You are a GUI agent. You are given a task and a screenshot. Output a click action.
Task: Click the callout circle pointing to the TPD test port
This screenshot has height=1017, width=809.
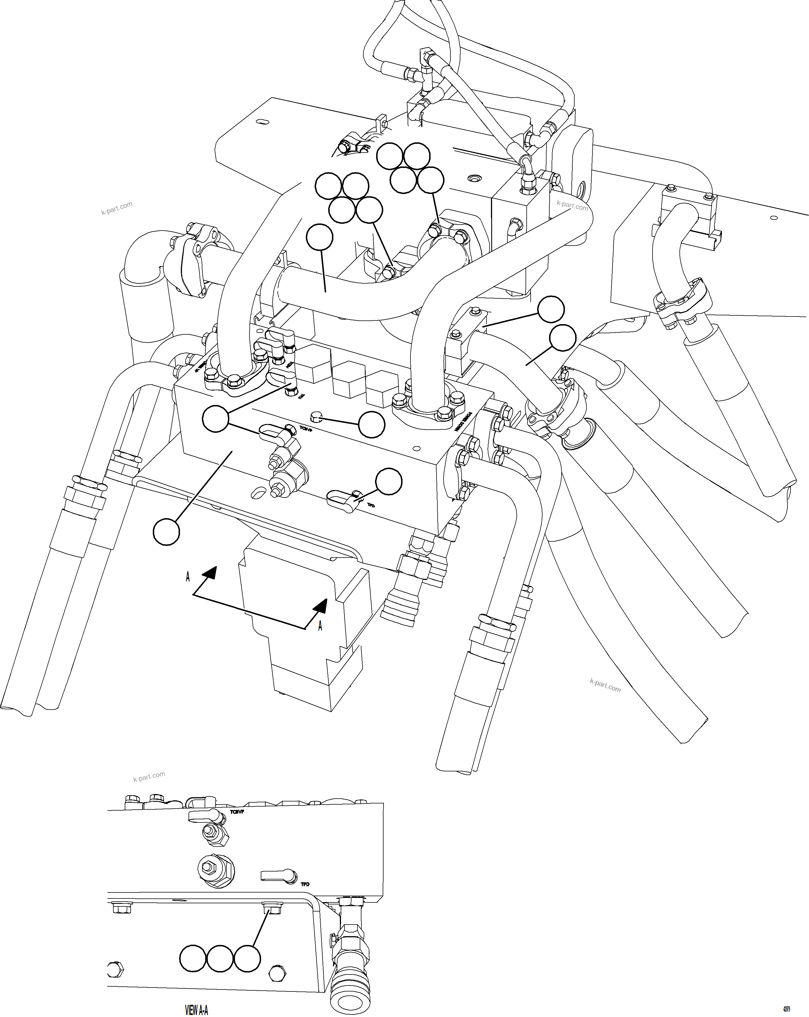[x=388, y=482]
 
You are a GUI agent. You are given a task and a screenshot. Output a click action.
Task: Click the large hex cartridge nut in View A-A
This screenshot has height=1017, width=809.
[x=215, y=866]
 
